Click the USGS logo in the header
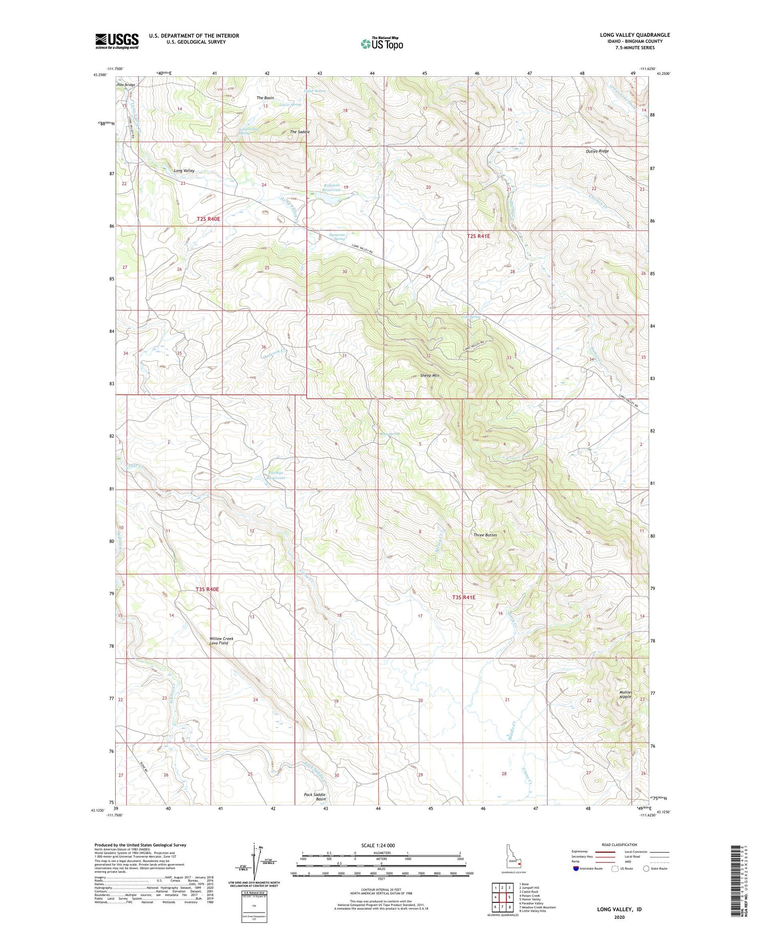pyautogui.click(x=117, y=41)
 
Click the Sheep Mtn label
pyautogui.click(x=430, y=375)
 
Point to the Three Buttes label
pyautogui.click(x=485, y=535)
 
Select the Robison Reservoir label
pyautogui.click(x=331, y=188)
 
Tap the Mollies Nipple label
pyautogui.click(x=625, y=695)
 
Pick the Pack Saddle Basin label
pyautogui.click(x=314, y=797)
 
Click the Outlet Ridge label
pyautogui.click(x=598, y=152)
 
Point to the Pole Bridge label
pyautogui.click(x=126, y=85)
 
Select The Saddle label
pyautogui.click(x=300, y=132)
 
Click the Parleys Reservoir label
pyautogui.click(x=274, y=475)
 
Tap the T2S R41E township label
pyautogui.click(x=478, y=236)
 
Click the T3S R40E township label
pyautogui.click(x=207, y=590)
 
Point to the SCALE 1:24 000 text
pyautogui.click(x=378, y=845)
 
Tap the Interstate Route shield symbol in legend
pyautogui.click(x=576, y=868)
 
